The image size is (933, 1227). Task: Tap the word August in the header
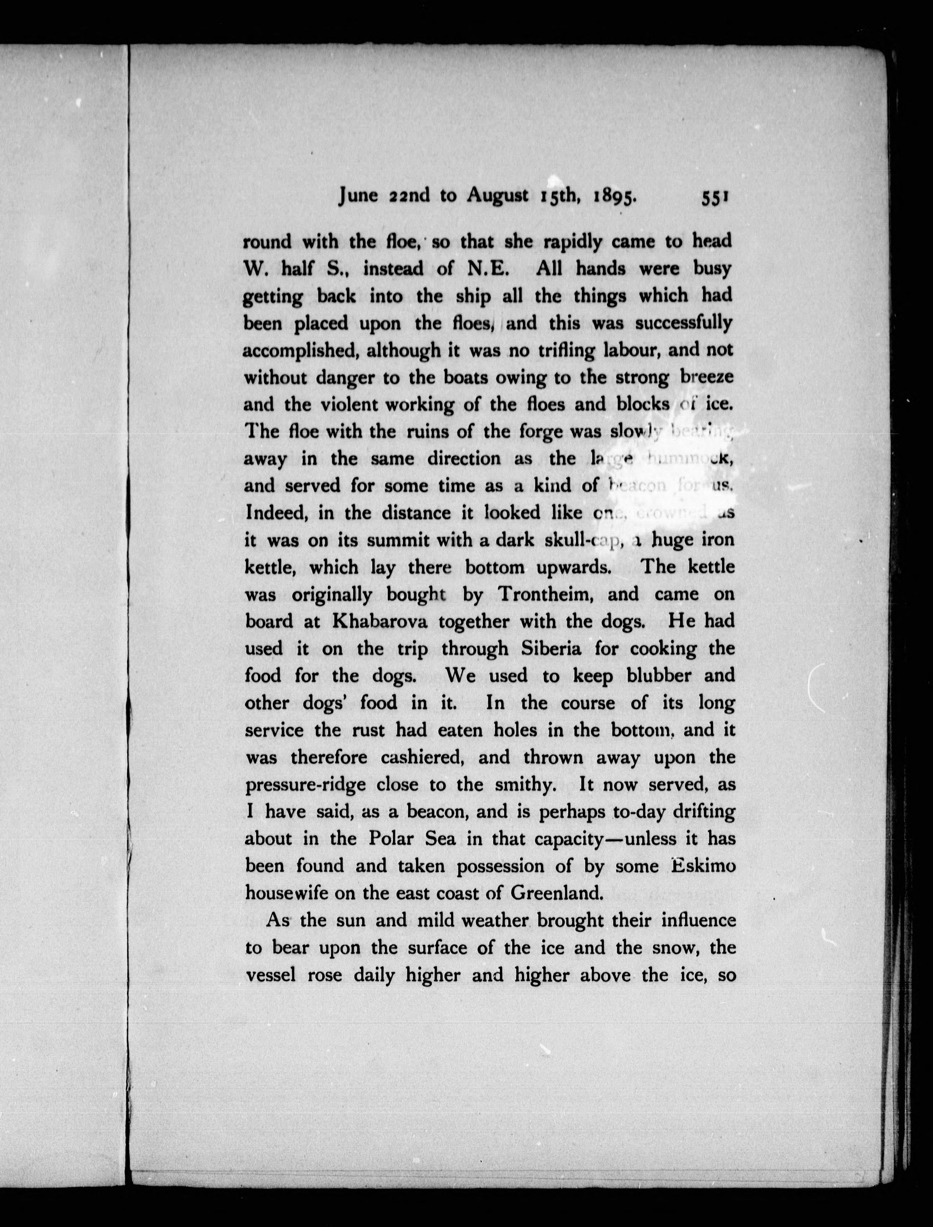pos(497,195)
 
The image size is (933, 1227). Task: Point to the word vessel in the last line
pos(273,975)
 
